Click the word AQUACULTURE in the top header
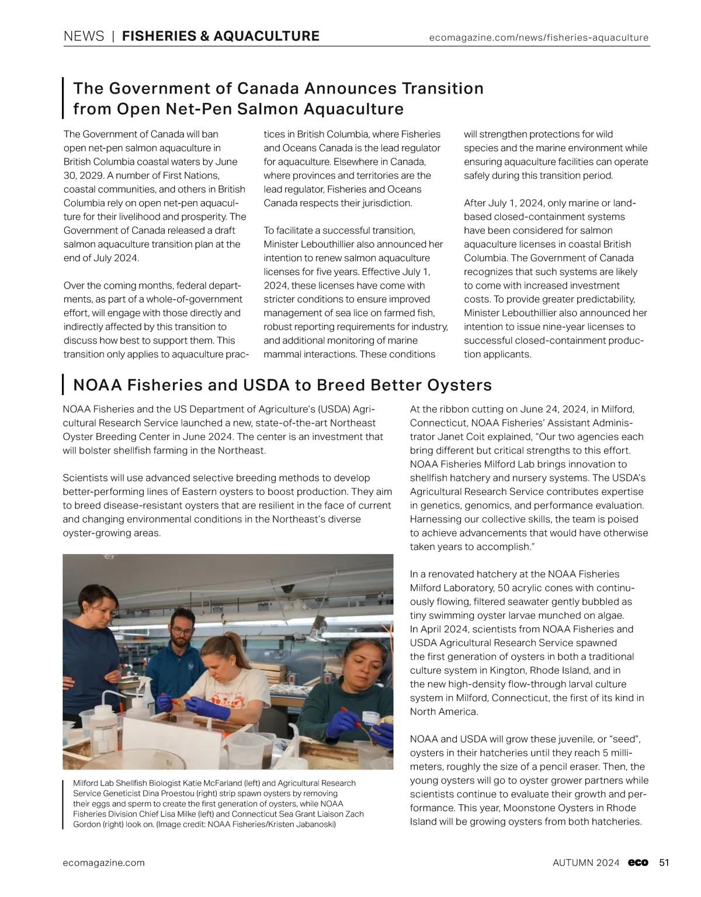pyautogui.click(x=266, y=36)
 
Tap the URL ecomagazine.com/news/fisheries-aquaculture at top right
pyautogui.click(x=539, y=38)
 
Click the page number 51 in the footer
pyautogui.click(x=664, y=863)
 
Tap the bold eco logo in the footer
pyautogui.click(x=638, y=863)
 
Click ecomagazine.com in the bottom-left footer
pyautogui.click(x=104, y=863)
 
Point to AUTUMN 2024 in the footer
pyautogui.click(x=586, y=863)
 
